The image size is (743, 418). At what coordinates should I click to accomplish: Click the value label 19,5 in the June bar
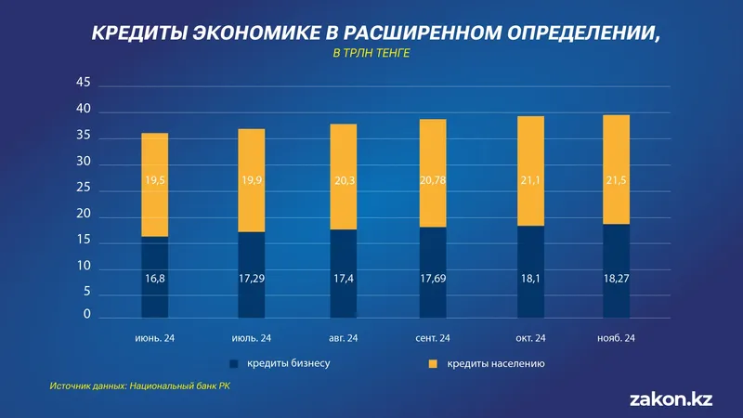coord(155,182)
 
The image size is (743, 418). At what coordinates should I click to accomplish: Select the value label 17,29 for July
coord(251,278)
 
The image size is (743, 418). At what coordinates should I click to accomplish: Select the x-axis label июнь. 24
coord(155,337)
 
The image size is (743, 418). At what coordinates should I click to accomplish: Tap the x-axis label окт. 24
coord(529,337)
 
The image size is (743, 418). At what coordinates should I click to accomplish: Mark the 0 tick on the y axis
coord(86,316)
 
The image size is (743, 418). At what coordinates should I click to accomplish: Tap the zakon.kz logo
coord(671,398)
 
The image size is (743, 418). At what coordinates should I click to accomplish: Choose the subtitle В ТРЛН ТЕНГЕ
coord(371,54)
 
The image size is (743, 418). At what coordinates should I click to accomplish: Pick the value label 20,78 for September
coord(433,182)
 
